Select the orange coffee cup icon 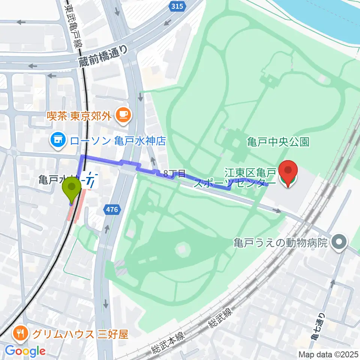coord(123,115)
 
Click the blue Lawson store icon coord(58,141)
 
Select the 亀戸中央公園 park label coord(278,142)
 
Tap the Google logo coord(25,351)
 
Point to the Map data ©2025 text coord(328,354)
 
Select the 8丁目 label coord(175,173)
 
